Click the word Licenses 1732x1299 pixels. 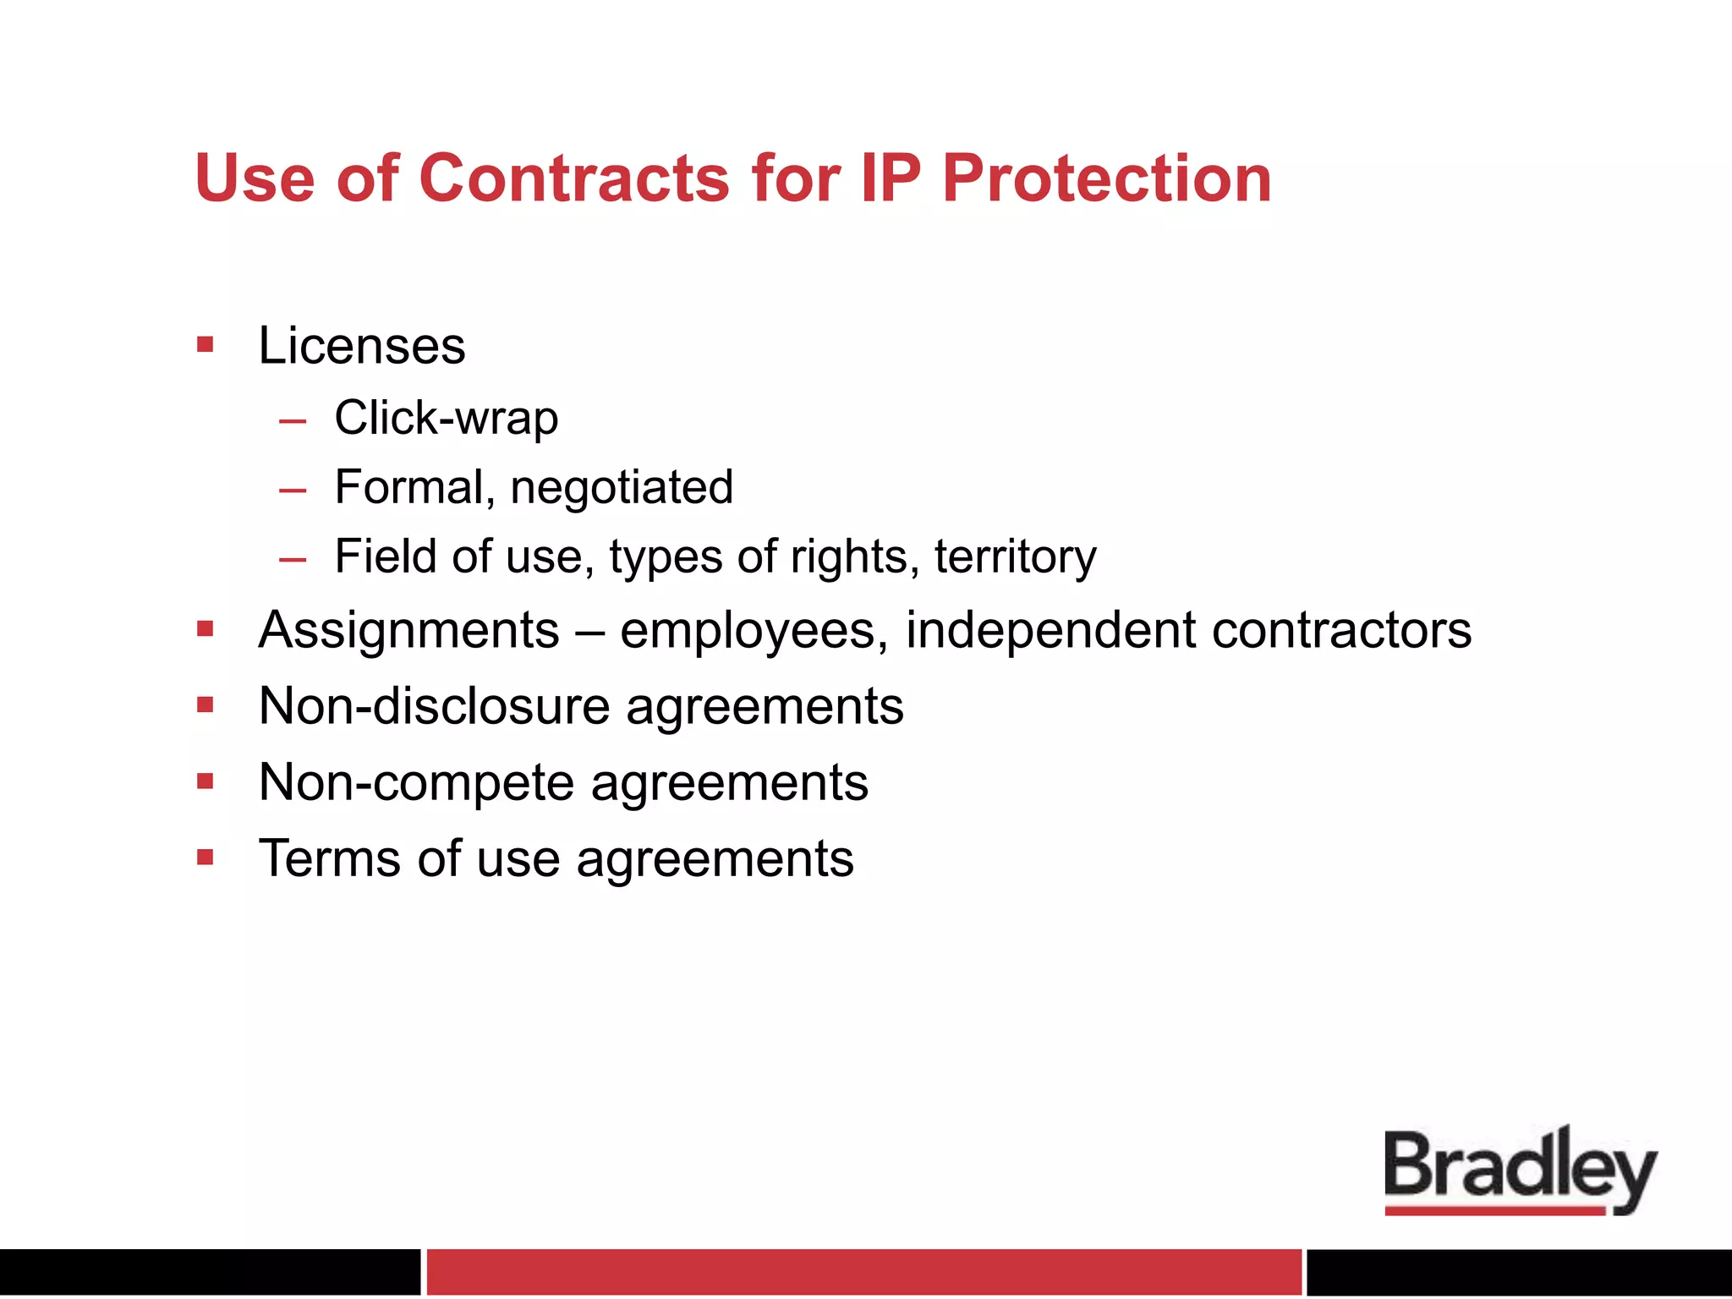click(x=362, y=346)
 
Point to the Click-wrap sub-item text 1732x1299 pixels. click(x=447, y=418)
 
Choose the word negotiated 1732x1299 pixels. click(x=622, y=488)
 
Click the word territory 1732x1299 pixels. click(x=1015, y=557)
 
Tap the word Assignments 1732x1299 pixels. click(x=409, y=630)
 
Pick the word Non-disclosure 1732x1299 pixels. click(x=434, y=706)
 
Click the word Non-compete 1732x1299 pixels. click(x=416, y=782)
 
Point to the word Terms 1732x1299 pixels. click(x=329, y=858)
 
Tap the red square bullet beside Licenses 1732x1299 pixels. click(x=205, y=344)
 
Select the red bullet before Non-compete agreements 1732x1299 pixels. click(x=205, y=781)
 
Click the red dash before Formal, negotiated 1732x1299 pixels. click(x=293, y=490)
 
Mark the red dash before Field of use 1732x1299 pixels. click(x=293, y=559)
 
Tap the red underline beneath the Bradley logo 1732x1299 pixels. click(x=1495, y=1211)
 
